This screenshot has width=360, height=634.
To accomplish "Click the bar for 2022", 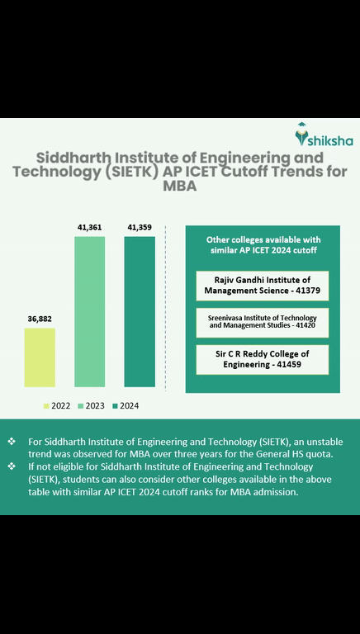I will click(40, 357).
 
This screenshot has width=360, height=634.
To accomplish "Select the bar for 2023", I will click(89, 312).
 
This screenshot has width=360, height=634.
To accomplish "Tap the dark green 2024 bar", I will click(140, 312).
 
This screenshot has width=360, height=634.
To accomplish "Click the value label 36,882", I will click(40, 318).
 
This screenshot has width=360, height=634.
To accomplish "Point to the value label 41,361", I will click(89, 227).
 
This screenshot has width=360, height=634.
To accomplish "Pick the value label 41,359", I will click(140, 227).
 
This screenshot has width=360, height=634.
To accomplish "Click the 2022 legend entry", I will click(57, 405).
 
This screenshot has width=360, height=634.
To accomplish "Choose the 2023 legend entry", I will click(91, 405).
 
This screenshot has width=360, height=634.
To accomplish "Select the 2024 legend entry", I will click(126, 405).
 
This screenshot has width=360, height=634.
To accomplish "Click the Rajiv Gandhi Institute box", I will click(262, 286).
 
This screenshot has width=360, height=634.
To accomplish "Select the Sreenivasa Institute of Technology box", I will click(262, 323).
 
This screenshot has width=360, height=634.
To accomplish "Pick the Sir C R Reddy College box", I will click(262, 360).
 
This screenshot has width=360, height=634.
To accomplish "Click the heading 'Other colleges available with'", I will click(262, 239).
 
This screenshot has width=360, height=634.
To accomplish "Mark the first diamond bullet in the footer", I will click(12, 442).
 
